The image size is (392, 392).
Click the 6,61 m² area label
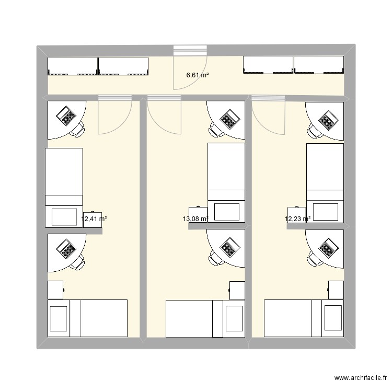[198, 75]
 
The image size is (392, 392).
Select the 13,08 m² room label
[195, 220]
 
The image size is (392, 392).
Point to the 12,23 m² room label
[297, 220]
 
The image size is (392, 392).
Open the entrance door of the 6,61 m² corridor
[190, 68]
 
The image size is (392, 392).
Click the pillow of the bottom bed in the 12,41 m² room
[59, 318]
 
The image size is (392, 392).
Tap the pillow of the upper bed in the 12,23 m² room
[325, 212]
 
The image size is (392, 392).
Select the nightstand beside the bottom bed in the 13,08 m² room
[237, 290]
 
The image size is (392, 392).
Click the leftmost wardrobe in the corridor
[73, 65]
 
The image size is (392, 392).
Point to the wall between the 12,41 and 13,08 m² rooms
[143, 220]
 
